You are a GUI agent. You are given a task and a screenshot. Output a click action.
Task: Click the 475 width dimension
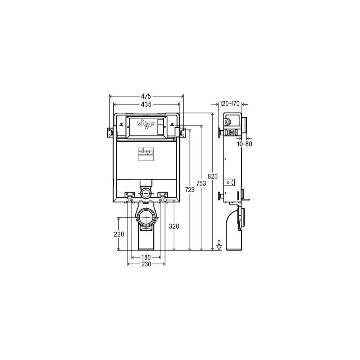146,96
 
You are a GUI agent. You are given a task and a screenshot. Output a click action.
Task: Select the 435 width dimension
146,104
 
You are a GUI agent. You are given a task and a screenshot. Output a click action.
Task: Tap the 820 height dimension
213,176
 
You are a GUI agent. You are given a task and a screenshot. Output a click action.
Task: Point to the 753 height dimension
201,183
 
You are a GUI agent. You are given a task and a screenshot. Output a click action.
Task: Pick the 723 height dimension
190,190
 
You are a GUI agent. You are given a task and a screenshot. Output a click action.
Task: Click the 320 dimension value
174,226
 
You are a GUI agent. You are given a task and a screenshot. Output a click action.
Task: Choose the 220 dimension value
119,234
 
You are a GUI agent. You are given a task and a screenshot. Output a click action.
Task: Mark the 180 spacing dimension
146,257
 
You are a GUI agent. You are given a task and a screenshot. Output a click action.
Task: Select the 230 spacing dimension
146,264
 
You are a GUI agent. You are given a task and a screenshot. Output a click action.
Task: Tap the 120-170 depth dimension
230,104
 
